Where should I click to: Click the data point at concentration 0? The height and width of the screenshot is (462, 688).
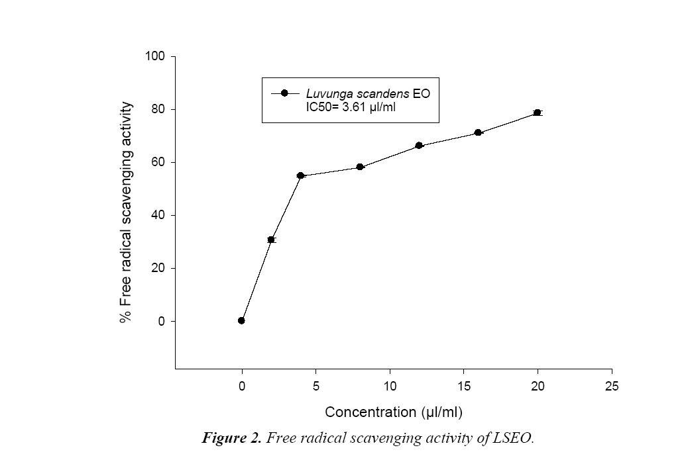click(241, 320)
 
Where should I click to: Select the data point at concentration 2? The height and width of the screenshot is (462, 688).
click(271, 240)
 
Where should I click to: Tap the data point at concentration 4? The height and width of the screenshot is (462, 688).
click(300, 175)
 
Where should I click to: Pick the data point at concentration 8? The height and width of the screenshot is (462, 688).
click(360, 167)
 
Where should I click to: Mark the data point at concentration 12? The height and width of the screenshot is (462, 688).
click(419, 146)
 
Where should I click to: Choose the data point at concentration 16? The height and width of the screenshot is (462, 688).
click(478, 133)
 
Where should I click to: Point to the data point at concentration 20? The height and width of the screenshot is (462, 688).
click(538, 113)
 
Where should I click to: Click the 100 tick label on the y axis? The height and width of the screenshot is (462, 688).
click(156, 56)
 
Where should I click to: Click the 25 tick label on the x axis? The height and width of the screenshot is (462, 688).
click(611, 387)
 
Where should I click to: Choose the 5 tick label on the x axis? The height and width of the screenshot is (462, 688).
click(315, 387)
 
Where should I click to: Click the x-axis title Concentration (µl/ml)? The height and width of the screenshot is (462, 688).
click(393, 412)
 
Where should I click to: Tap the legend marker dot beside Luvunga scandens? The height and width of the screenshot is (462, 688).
click(284, 93)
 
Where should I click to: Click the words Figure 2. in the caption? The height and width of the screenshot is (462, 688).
click(231, 439)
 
